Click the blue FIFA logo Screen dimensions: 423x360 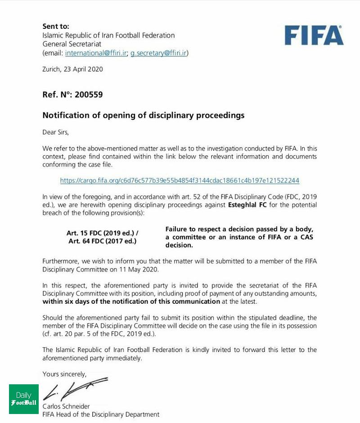pyautogui.click(x=314, y=36)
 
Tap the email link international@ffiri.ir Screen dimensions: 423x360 pyautogui.click(x=96, y=53)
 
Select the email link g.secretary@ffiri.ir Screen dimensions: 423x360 pyautogui.click(x=158, y=53)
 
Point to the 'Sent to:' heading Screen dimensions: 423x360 pyautogui.click(x=56, y=26)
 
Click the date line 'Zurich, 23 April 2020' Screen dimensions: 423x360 pyautogui.click(x=72, y=69)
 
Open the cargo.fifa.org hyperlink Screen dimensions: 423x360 pyautogui.click(x=180, y=180)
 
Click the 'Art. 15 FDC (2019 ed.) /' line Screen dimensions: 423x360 pyautogui.click(x=103, y=233)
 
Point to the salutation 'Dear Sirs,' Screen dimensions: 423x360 pyautogui.click(x=56, y=132)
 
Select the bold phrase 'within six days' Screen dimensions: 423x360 pyautogui.click(x=64, y=301)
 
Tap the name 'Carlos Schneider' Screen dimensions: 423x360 pyautogui.click(x=66, y=406)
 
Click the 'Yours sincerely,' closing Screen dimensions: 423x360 pyautogui.click(x=64, y=374)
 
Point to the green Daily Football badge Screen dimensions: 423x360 pyautogui.click(x=24, y=399)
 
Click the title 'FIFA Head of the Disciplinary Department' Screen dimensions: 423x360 pyautogui.click(x=101, y=414)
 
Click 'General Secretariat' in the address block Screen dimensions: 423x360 pyautogui.click(x=72, y=44)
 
